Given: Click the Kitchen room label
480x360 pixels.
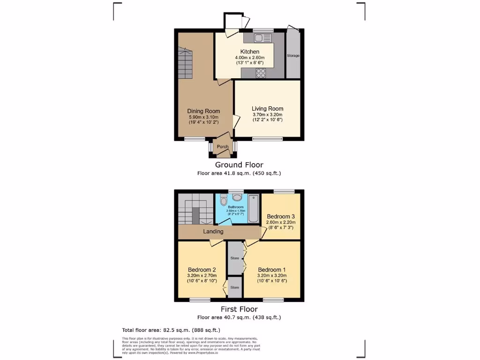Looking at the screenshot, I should click(x=250, y=52).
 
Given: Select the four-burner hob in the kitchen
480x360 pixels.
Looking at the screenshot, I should click(x=261, y=73).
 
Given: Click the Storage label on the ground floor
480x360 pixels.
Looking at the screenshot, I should click(x=293, y=56).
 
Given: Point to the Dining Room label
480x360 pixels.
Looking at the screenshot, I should click(x=203, y=111).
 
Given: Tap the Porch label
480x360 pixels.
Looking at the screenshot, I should click(x=223, y=147).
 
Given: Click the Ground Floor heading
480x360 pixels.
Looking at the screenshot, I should click(x=239, y=165).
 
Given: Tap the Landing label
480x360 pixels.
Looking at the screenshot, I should click(x=213, y=232).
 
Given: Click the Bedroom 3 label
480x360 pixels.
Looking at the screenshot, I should click(x=281, y=216).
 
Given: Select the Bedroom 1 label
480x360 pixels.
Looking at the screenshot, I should click(x=271, y=270).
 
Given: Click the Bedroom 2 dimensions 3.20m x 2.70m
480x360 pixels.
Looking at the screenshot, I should click(x=202, y=276).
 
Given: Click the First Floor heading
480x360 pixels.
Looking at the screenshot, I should click(x=239, y=309).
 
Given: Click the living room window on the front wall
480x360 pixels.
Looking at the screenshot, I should click(x=267, y=139).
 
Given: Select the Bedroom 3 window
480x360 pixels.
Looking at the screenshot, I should click(x=284, y=191).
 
